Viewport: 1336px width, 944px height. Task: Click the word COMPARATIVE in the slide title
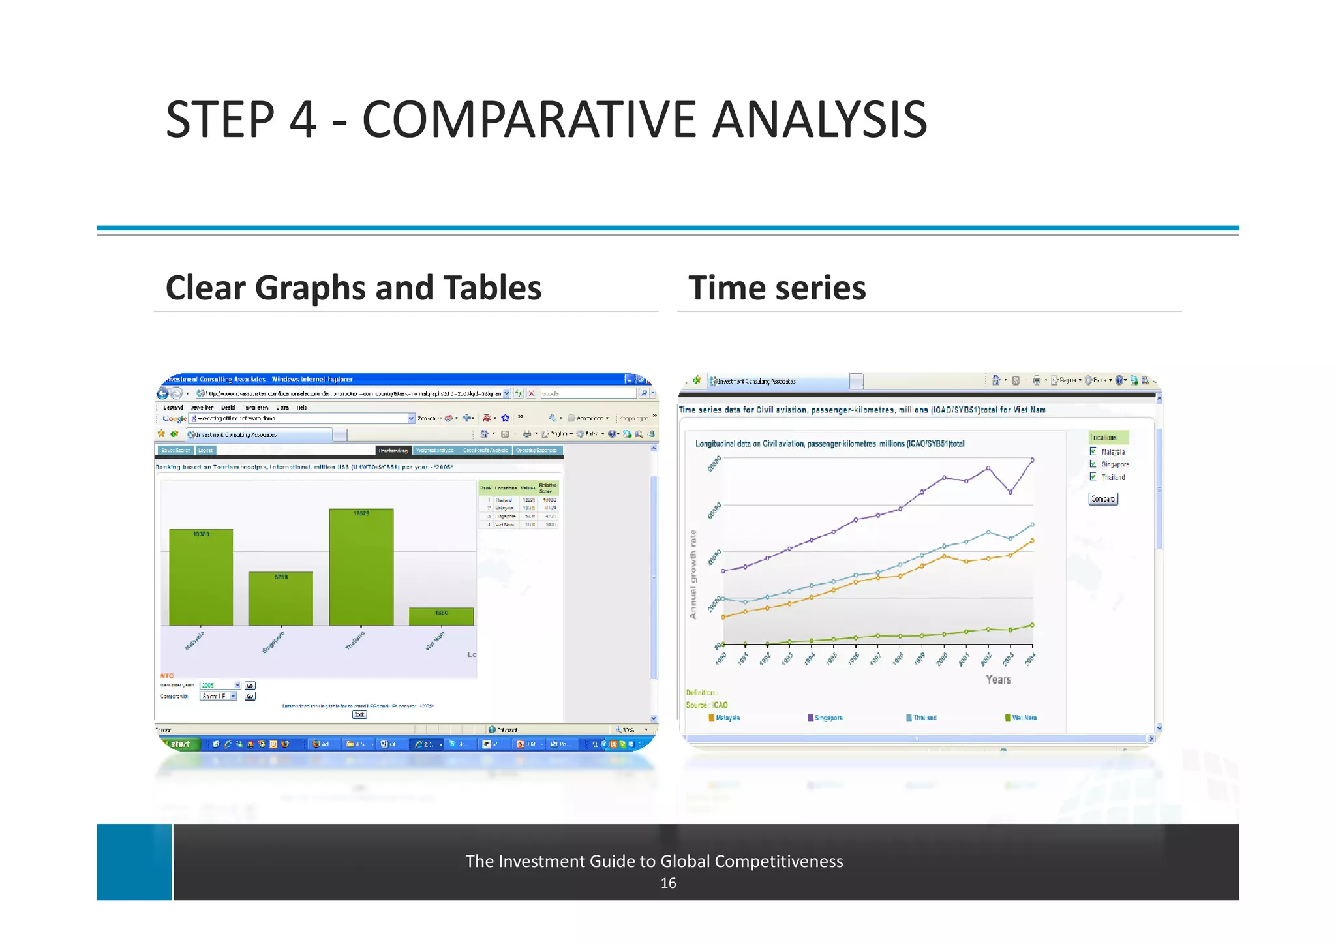(529, 120)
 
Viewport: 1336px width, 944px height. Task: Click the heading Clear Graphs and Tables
(353, 288)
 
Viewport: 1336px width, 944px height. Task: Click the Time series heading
(776, 288)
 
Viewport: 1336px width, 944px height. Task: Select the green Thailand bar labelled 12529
(361, 568)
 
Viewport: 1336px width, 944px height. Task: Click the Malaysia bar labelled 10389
(201, 577)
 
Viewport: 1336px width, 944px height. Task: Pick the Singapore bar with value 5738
(281, 599)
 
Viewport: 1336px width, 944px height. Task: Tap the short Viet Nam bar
(441, 617)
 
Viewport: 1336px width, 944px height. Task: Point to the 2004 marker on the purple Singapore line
(1032, 460)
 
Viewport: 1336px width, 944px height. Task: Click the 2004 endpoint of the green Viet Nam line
(1032, 625)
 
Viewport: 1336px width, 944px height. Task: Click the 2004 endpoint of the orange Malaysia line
(1032, 541)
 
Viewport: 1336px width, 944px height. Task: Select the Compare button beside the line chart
(1102, 499)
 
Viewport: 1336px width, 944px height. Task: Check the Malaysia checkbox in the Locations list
(1093, 451)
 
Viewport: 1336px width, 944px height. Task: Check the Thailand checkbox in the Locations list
(1093, 477)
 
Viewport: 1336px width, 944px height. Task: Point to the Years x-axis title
(998, 680)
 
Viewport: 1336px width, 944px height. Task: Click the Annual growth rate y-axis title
(693, 574)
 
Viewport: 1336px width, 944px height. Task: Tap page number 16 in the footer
(668, 883)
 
